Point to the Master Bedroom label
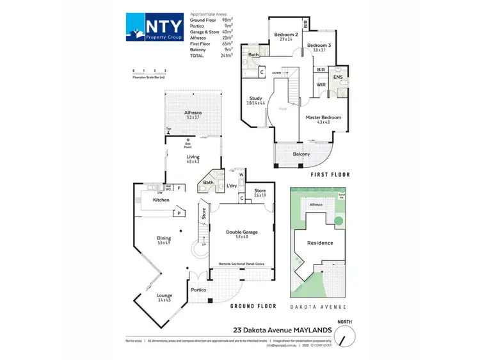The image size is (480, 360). click(323, 118)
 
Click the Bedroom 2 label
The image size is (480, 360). click(286, 34)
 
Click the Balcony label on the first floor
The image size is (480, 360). click(301, 154)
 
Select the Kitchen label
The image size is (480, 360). click(161, 200)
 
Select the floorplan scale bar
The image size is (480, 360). click(149, 73)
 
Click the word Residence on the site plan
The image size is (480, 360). click(320, 243)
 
